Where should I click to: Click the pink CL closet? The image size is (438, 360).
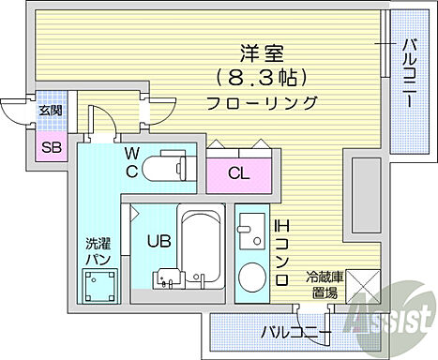(239, 172)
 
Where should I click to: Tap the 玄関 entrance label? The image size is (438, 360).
(49, 111)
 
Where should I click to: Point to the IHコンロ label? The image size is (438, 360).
(279, 252)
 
